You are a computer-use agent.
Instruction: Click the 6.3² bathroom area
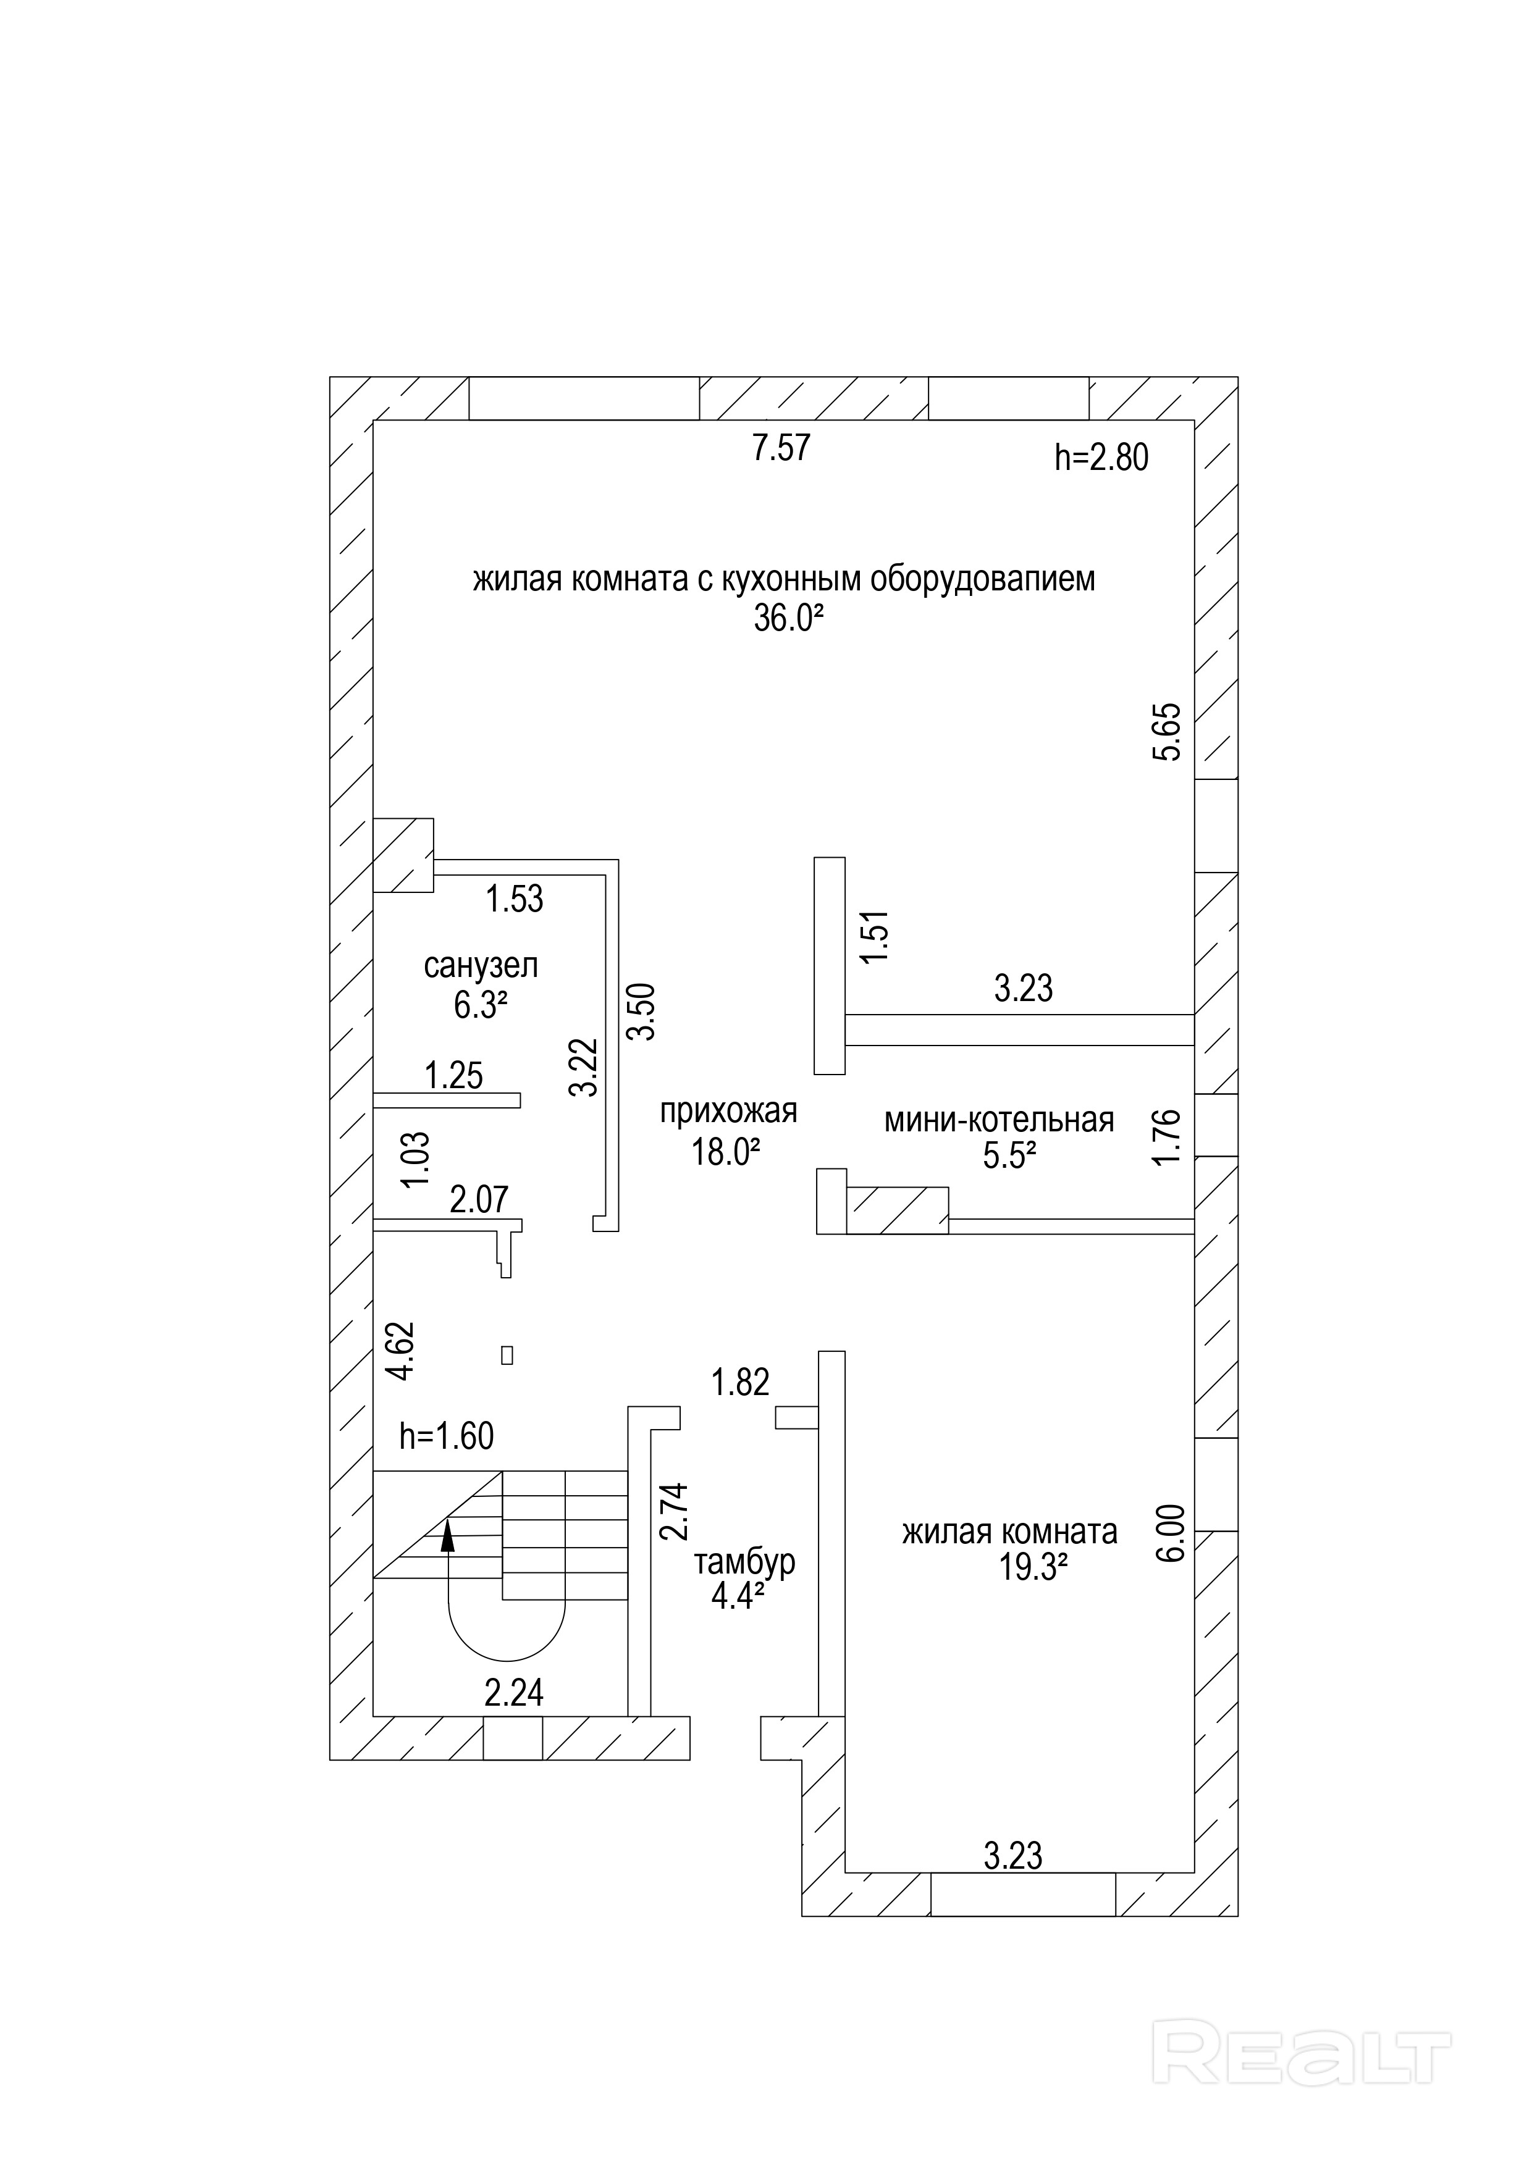(481, 1005)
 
